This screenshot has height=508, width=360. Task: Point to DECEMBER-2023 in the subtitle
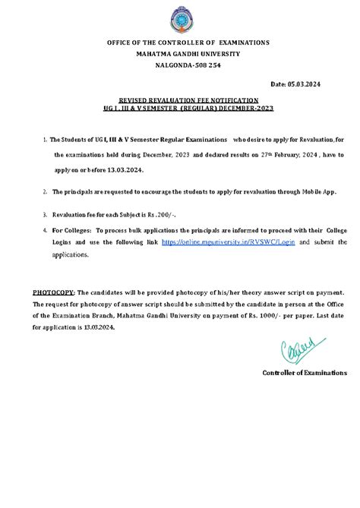pyautogui.click(x=248, y=108)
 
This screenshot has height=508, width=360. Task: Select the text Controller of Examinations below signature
pyautogui.click(x=305, y=373)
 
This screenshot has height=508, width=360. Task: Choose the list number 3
pyautogui.click(x=45, y=215)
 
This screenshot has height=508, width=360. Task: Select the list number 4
pyautogui.click(x=45, y=229)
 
